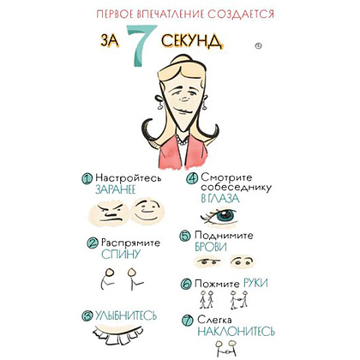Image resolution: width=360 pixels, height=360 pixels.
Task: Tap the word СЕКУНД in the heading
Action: pyautogui.click(x=192, y=41)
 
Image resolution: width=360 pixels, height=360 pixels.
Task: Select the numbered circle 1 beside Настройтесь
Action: pyautogui.click(x=87, y=178)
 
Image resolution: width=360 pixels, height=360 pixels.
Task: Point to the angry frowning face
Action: pyautogui.click(x=111, y=213)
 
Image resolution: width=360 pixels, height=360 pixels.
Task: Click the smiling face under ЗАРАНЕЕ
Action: pyautogui.click(x=147, y=211)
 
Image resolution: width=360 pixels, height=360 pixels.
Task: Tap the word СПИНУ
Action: pyautogui.click(x=122, y=254)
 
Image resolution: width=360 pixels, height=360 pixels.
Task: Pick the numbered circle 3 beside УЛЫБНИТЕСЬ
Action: pyautogui.click(x=87, y=315)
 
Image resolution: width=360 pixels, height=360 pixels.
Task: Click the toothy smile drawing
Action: pyautogui.click(x=118, y=333)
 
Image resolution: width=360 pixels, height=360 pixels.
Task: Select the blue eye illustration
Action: pyautogui.click(x=219, y=217)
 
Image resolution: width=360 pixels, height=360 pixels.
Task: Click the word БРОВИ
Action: pyautogui.click(x=211, y=247)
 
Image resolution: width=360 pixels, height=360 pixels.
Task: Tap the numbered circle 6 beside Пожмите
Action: pyautogui.click(x=186, y=284)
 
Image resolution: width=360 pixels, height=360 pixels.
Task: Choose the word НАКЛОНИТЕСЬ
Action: pyautogui.click(x=236, y=332)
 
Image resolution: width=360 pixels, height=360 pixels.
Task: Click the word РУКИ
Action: pyautogui.click(x=255, y=283)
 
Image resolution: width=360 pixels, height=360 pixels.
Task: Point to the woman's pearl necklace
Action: pyautogui.click(x=182, y=141)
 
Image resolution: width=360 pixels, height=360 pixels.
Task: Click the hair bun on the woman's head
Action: pyautogui.click(x=183, y=61)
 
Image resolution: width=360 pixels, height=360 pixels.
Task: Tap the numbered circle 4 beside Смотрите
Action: pyautogui.click(x=192, y=178)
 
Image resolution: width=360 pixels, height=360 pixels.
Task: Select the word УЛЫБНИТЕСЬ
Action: pyautogui.click(x=126, y=315)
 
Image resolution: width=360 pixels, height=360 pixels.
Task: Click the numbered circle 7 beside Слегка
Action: pyautogui.click(x=188, y=321)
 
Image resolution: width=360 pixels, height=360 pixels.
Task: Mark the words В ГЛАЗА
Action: pyautogui.click(x=220, y=199)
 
